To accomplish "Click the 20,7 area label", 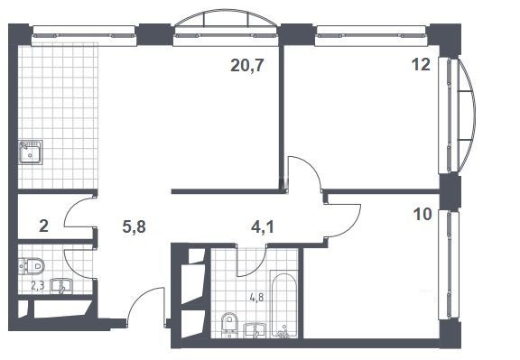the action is (x=247, y=66).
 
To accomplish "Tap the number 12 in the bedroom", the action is (x=421, y=65).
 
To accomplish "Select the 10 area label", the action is (x=422, y=215).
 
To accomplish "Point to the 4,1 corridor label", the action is (x=263, y=227).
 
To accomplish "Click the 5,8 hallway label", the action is (x=134, y=227).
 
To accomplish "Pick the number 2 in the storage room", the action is (x=43, y=226).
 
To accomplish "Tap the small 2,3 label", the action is (x=38, y=285).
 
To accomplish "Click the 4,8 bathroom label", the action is (x=257, y=298).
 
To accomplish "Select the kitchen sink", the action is (x=31, y=152).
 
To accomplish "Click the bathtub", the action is (x=283, y=304).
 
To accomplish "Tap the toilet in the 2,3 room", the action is (x=32, y=266).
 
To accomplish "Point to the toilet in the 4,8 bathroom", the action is (x=228, y=324).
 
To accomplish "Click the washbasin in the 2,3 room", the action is (x=60, y=286).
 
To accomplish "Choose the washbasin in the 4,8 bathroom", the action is (x=255, y=331).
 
